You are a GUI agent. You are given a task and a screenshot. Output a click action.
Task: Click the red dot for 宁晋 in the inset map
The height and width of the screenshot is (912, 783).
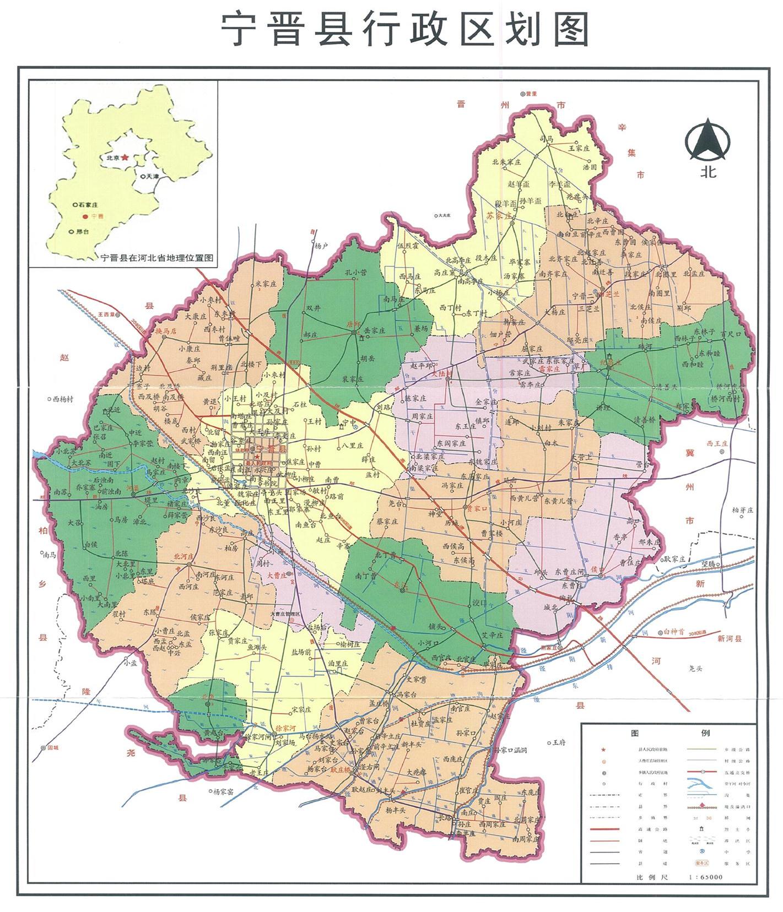85,217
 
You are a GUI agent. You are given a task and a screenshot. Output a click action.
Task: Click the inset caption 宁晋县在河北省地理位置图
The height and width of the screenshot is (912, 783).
157,257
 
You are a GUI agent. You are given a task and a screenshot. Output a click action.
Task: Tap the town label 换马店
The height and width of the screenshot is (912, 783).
165,332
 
